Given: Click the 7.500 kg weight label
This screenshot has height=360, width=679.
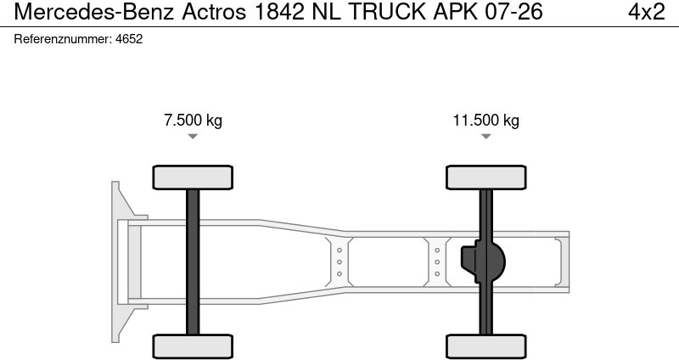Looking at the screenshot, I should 193,120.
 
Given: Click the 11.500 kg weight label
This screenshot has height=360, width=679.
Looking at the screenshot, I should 485,120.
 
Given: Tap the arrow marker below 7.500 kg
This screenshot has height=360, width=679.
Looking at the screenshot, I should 193,137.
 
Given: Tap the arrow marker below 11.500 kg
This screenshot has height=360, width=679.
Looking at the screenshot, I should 485,137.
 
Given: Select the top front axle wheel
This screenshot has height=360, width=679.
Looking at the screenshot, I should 193,177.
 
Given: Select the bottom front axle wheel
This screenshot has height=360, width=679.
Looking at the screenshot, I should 193,346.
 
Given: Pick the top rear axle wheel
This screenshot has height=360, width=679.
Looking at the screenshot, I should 485,177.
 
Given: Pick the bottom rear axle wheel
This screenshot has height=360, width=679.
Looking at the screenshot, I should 485,346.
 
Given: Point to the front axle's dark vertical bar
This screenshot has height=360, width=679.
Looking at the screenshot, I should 193,262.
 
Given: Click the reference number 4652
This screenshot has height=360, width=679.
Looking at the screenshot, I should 129,39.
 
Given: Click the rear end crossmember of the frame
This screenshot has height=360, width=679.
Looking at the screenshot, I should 559,262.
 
